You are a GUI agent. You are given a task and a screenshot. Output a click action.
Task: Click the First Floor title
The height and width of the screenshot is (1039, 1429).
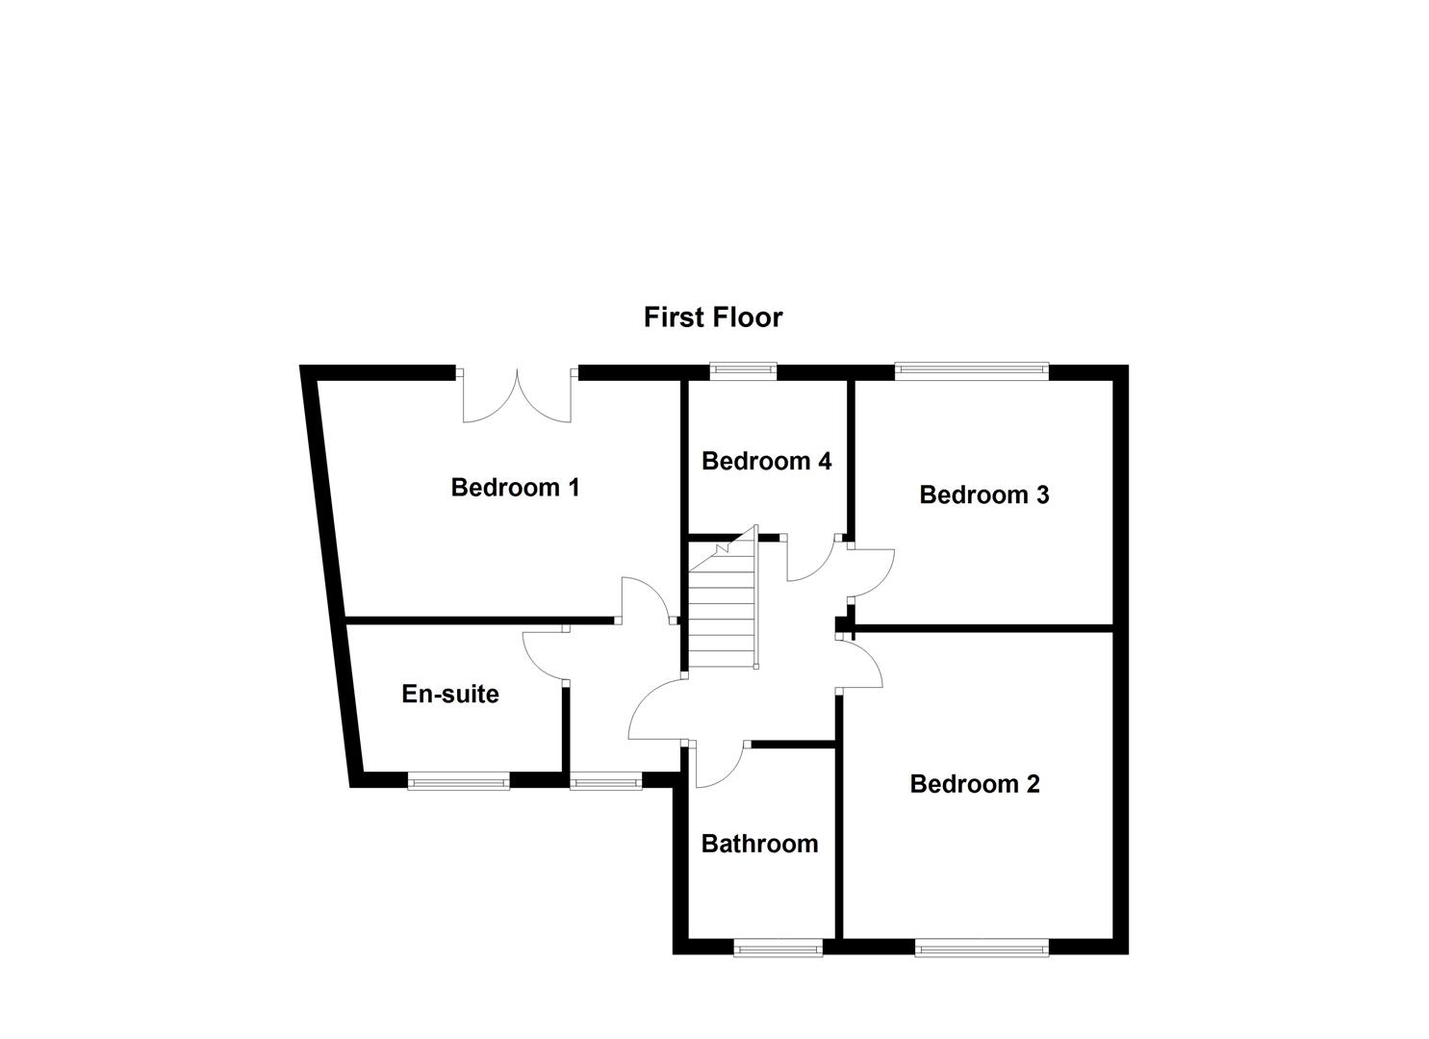(x=713, y=317)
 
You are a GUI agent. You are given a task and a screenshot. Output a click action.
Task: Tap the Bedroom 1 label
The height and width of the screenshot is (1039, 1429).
(x=515, y=488)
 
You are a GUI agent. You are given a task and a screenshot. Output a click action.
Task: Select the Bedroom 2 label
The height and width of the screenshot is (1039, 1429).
(x=974, y=784)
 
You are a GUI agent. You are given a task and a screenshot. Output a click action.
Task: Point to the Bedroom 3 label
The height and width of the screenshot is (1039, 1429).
(x=983, y=494)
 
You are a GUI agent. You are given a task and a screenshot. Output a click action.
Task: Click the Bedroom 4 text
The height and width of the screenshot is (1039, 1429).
(x=766, y=462)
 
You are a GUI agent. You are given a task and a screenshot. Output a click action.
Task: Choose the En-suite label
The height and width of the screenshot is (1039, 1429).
(x=449, y=694)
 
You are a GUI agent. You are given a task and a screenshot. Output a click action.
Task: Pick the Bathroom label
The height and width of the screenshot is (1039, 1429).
(x=759, y=844)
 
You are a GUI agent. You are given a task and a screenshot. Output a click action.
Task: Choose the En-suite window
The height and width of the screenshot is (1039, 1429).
(x=458, y=782)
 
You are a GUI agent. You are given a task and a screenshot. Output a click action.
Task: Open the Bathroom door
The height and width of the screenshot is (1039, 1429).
(x=717, y=765)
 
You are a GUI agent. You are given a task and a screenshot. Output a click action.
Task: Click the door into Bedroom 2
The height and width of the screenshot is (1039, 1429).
(x=859, y=664)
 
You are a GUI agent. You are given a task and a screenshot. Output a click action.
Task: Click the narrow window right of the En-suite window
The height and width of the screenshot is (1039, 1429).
(x=605, y=782)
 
